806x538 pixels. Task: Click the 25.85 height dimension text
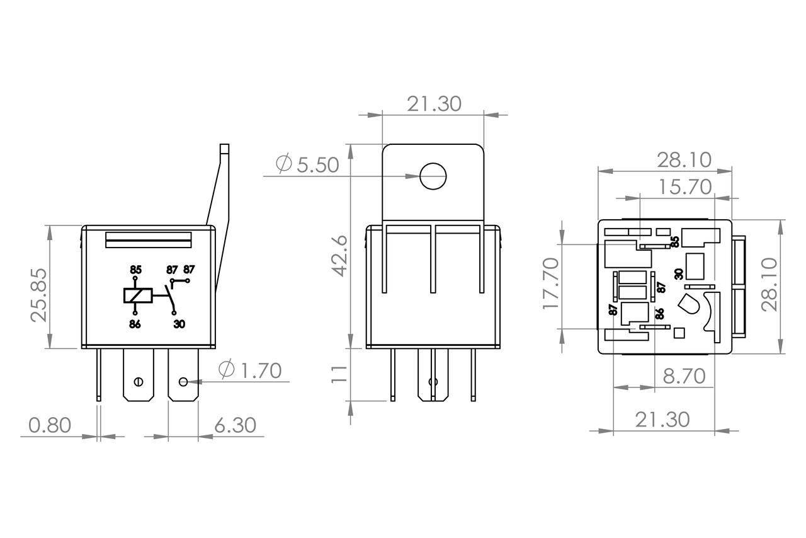click(39, 295)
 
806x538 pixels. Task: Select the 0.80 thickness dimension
click(50, 425)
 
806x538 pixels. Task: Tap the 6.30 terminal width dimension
click(235, 425)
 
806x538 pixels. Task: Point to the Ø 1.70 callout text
click(250, 370)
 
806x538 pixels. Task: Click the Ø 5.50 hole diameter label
click(308, 165)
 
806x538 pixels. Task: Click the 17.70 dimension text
click(552, 283)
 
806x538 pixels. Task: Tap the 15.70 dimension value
click(685, 187)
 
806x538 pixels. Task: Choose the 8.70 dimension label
click(684, 377)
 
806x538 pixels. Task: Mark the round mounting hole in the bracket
click(433, 176)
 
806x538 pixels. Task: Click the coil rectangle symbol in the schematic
click(137, 295)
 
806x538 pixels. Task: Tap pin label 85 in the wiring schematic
click(135, 270)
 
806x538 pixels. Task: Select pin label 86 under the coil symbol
click(135, 324)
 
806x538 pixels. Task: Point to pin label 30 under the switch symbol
click(179, 324)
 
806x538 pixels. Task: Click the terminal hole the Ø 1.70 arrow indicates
click(183, 381)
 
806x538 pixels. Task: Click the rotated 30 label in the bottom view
click(678, 273)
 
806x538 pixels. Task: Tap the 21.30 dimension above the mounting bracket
click(434, 104)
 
